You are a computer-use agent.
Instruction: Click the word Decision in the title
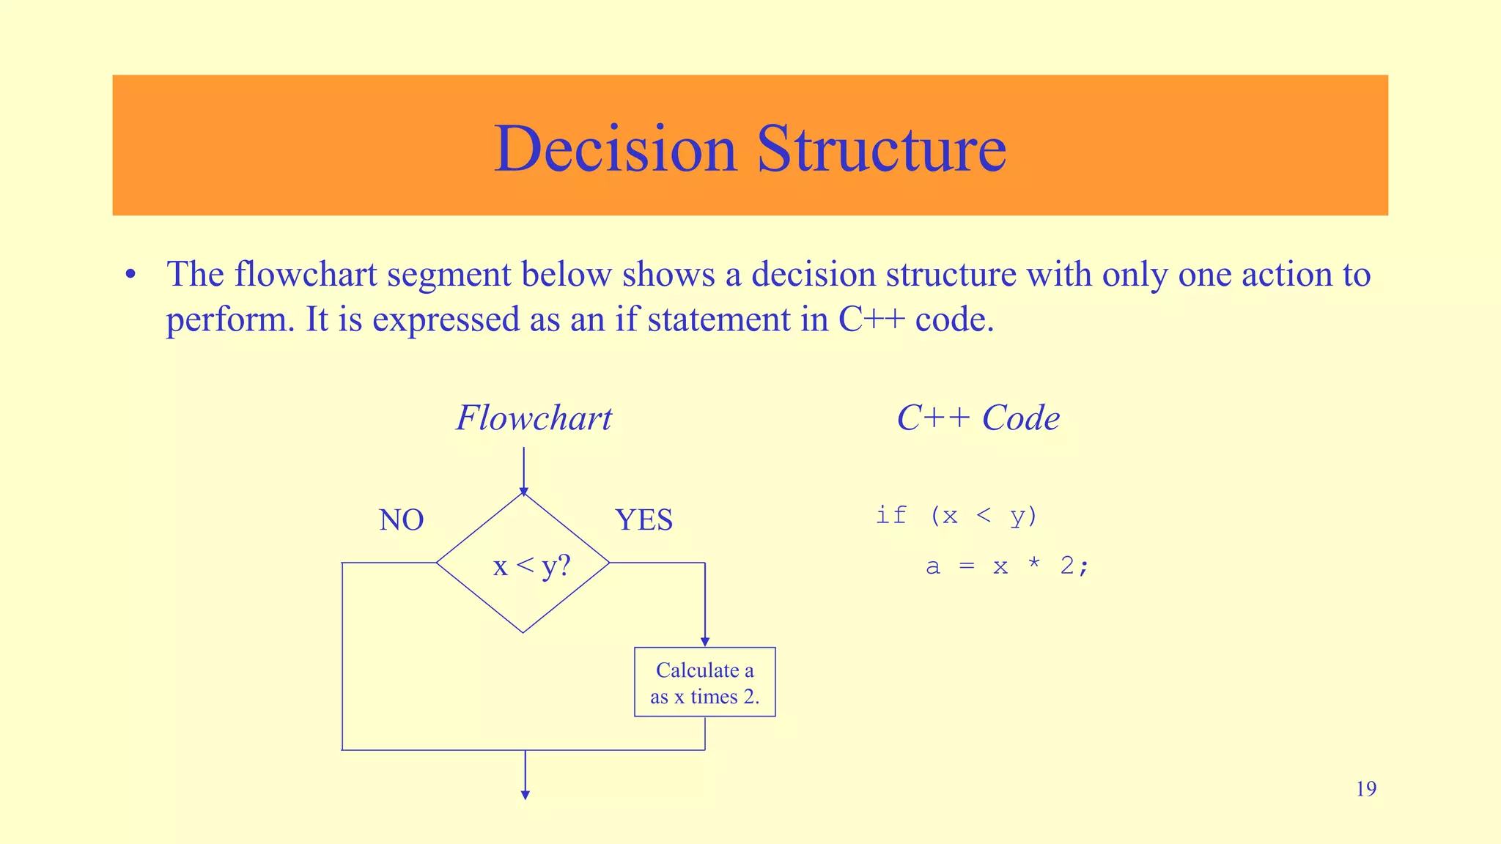pyautogui.click(x=614, y=149)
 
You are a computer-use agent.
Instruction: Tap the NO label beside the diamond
pyautogui.click(x=402, y=520)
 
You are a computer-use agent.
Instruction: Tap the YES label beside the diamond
pyautogui.click(x=643, y=520)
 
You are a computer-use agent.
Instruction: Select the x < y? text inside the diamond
pyautogui.click(x=531, y=566)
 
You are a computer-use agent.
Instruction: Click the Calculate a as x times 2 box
pyautogui.click(x=704, y=682)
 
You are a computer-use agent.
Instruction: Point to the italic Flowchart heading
pyautogui.click(x=534, y=418)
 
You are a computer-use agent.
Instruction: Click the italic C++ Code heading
pyautogui.click(x=978, y=418)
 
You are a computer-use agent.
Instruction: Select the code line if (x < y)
pyautogui.click(x=956, y=516)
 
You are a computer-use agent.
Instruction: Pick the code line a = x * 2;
pyautogui.click(x=1008, y=566)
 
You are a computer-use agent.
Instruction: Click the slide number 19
pyautogui.click(x=1365, y=789)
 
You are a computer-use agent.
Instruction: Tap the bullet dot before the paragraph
pyautogui.click(x=130, y=275)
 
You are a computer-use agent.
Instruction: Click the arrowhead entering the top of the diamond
pyautogui.click(x=523, y=492)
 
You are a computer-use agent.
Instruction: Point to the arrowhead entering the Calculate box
pyautogui.click(x=705, y=643)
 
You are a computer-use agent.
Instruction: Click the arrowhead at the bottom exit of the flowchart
pyautogui.click(x=525, y=795)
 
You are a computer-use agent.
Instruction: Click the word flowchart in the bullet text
pyautogui.click(x=306, y=275)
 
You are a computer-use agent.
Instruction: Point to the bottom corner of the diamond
pyautogui.click(x=523, y=632)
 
